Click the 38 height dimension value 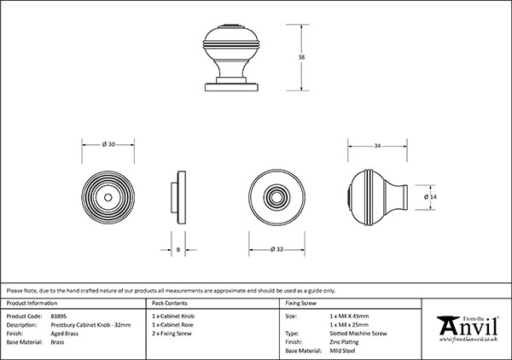coord(301,57)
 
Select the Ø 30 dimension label coord(108,144)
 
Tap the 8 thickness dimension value coord(178,250)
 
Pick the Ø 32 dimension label coord(276,249)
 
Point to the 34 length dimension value coord(377,146)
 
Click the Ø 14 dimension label coord(430,197)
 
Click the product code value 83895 coord(58,316)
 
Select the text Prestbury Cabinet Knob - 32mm coord(90,325)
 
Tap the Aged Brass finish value coord(64,334)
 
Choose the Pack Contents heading coord(170,303)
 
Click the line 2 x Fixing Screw coord(172,334)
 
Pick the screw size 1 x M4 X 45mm coord(349,316)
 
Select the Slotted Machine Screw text coord(358,334)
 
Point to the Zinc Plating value coord(344,342)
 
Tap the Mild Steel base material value coord(342,351)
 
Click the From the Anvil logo coord(468,329)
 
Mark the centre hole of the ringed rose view coord(108,197)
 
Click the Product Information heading coord(32,303)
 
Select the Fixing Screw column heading coord(300,303)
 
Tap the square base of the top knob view coord(231,87)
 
